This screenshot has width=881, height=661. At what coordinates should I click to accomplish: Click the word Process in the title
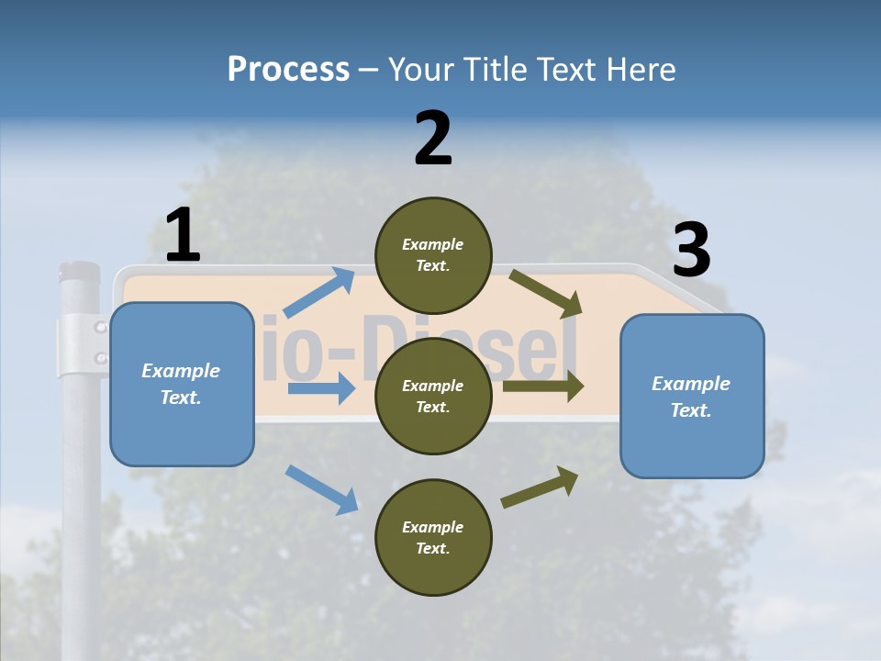[288, 69]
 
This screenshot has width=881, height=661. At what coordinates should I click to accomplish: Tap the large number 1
[183, 236]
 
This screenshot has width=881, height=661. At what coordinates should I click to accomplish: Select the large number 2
[433, 139]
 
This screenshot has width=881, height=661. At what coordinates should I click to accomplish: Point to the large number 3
[692, 251]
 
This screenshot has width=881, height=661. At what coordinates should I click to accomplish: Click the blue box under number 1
[182, 384]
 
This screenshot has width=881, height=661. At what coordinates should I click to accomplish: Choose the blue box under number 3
[692, 396]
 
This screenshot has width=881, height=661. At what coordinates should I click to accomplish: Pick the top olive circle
[433, 255]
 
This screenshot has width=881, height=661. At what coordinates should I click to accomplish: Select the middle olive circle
[433, 396]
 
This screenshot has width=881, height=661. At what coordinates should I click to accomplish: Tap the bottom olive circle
[433, 537]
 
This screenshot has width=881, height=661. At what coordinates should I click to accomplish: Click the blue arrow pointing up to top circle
[319, 293]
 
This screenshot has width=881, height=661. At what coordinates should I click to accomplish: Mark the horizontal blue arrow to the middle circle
[321, 388]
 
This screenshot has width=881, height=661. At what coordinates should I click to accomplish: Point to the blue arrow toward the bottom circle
[321, 488]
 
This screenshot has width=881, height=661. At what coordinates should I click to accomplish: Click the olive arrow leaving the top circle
[546, 293]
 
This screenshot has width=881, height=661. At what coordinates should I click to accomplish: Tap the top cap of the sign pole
[79, 272]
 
